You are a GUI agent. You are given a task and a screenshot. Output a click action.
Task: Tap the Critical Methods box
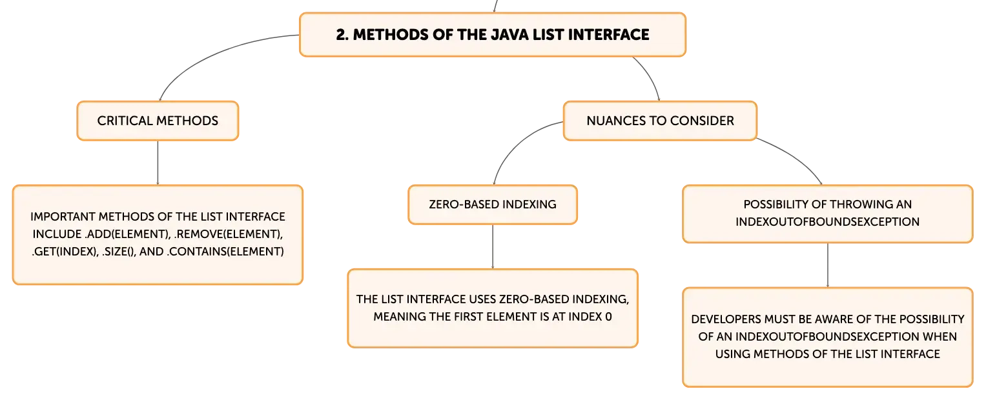click(x=158, y=121)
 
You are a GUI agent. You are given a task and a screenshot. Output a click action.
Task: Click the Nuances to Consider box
click(x=661, y=121)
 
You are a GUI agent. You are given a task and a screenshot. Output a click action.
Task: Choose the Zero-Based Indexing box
click(x=493, y=205)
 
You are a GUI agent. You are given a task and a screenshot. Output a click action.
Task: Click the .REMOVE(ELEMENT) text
click(x=229, y=234)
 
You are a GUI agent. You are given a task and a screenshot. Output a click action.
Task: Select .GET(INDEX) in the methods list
click(x=65, y=252)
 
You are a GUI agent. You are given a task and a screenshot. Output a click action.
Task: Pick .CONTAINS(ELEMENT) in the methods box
click(x=225, y=252)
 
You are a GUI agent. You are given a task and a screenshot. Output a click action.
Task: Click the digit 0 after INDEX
click(x=608, y=317)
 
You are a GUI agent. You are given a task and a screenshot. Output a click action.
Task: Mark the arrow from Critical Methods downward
click(x=158, y=163)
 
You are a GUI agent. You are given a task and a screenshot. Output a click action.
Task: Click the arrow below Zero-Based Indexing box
click(x=493, y=247)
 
